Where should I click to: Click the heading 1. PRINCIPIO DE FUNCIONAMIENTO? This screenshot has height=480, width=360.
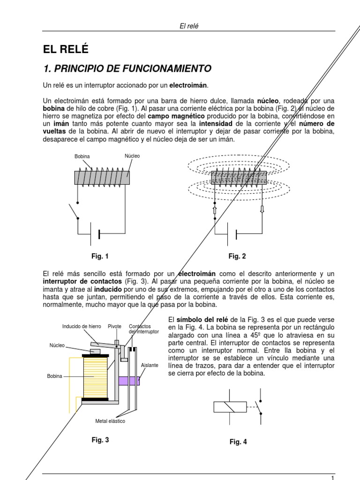coord(127,69)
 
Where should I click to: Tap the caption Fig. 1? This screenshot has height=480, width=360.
coord(100,256)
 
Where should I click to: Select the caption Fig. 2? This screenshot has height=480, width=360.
coord(237,256)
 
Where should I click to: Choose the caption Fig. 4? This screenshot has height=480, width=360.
coord(238,442)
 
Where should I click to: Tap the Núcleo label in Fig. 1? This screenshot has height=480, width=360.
coord(132,156)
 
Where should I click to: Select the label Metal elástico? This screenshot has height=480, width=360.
coord(110,421)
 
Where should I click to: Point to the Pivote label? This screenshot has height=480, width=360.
coord(115,326)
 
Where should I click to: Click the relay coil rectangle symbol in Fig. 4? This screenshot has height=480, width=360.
coord(230,407)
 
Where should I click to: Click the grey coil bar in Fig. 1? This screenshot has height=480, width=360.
coord(102,177)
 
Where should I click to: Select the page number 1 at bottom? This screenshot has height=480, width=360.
coord(332,478)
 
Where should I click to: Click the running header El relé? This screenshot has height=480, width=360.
coord(189,26)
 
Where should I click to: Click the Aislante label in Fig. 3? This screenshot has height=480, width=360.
coord(150,365)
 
